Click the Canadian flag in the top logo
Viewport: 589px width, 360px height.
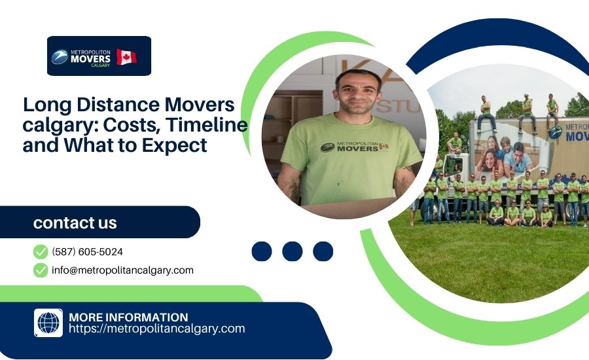(x=127, y=56)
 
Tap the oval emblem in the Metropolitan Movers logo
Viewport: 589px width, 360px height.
(x=60, y=57)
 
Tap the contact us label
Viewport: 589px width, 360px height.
(x=75, y=223)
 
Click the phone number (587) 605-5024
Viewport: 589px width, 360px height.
(x=87, y=251)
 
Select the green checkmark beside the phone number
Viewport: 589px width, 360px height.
(x=41, y=251)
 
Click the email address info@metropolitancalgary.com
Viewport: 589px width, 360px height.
(x=122, y=270)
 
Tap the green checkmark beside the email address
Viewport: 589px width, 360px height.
(x=41, y=270)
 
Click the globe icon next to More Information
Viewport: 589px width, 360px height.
(x=48, y=323)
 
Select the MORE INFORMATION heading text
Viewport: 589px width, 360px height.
(x=128, y=317)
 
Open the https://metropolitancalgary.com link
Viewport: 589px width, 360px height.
(x=156, y=329)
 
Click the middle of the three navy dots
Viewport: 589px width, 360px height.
(x=293, y=251)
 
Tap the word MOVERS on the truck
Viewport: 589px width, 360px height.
(x=576, y=135)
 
